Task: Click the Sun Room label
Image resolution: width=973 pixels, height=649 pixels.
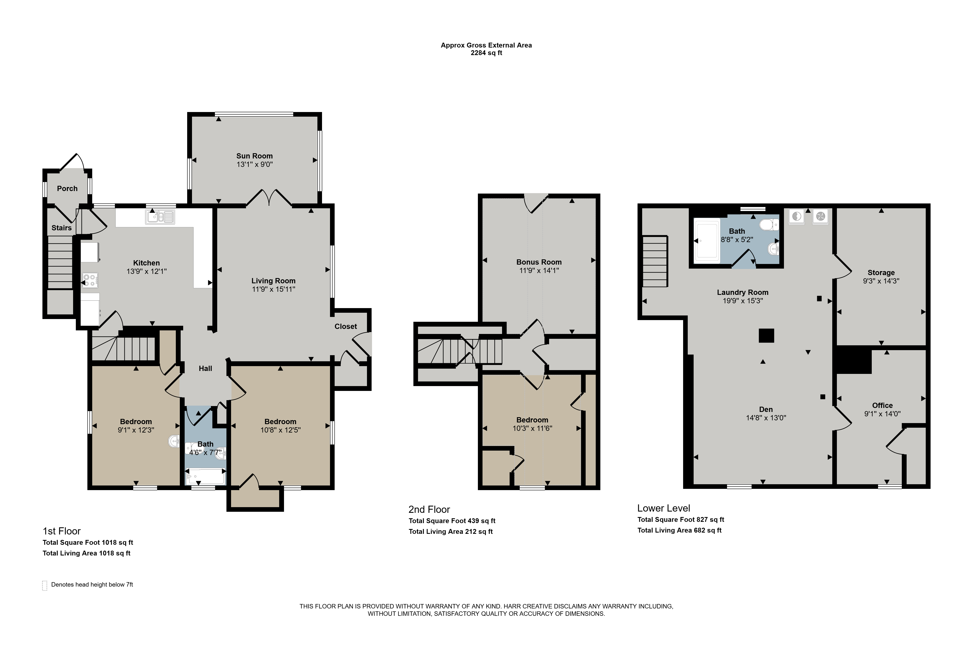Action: pyautogui.click(x=254, y=156)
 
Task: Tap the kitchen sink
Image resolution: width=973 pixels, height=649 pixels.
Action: pyautogui.click(x=160, y=217)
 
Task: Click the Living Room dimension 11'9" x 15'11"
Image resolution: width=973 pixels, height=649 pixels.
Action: pyautogui.click(x=273, y=289)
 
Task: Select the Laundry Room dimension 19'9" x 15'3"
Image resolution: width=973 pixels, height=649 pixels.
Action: pyautogui.click(x=743, y=301)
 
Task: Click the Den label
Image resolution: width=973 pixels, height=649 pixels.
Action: pyautogui.click(x=766, y=409)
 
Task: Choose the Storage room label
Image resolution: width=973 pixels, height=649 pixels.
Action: pyautogui.click(x=881, y=273)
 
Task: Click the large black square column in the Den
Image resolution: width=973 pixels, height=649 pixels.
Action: pyautogui.click(x=766, y=336)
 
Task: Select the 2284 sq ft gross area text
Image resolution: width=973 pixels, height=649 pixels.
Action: pyautogui.click(x=486, y=53)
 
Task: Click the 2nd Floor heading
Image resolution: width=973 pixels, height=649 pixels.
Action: pyautogui.click(x=429, y=509)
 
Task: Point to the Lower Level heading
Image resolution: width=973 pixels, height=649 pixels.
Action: pyautogui.click(x=664, y=508)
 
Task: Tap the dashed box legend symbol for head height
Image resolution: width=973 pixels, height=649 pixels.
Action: pyautogui.click(x=45, y=585)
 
